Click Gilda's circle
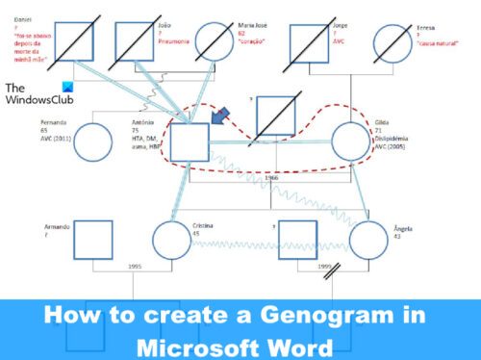(356, 145)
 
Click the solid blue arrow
(220, 120)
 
